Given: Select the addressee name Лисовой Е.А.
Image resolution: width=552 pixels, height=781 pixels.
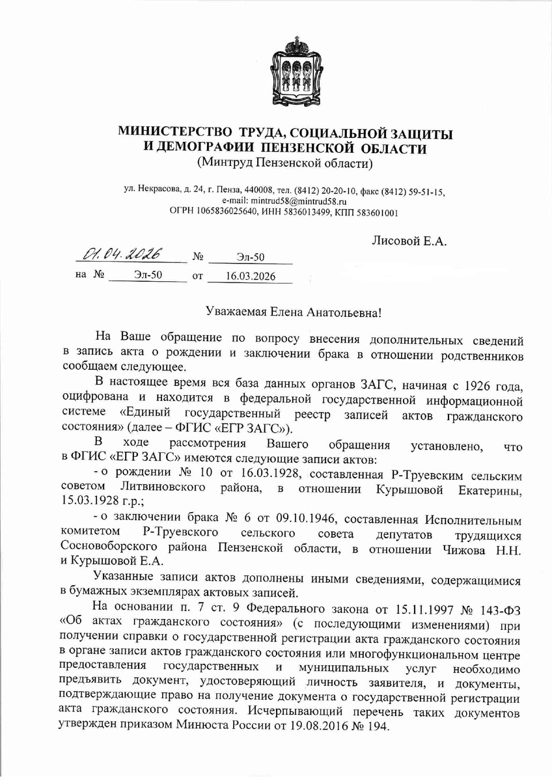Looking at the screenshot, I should point(409,241).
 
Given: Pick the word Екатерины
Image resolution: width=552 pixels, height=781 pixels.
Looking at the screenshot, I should point(486,488).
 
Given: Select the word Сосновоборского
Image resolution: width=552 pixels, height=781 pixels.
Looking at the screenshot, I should point(104,547).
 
